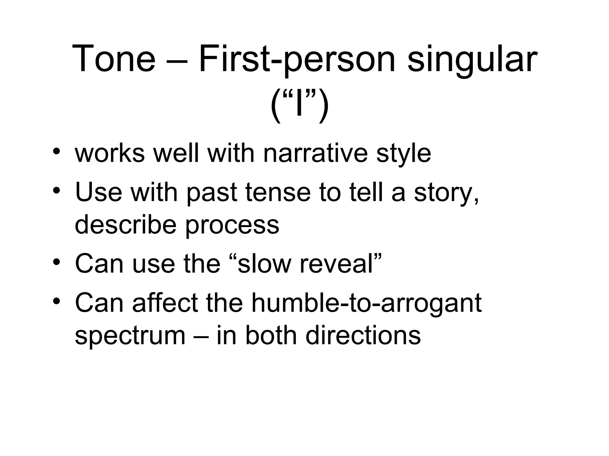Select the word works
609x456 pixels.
(110, 153)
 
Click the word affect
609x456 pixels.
(165, 303)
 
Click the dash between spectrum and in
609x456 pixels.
(201, 336)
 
